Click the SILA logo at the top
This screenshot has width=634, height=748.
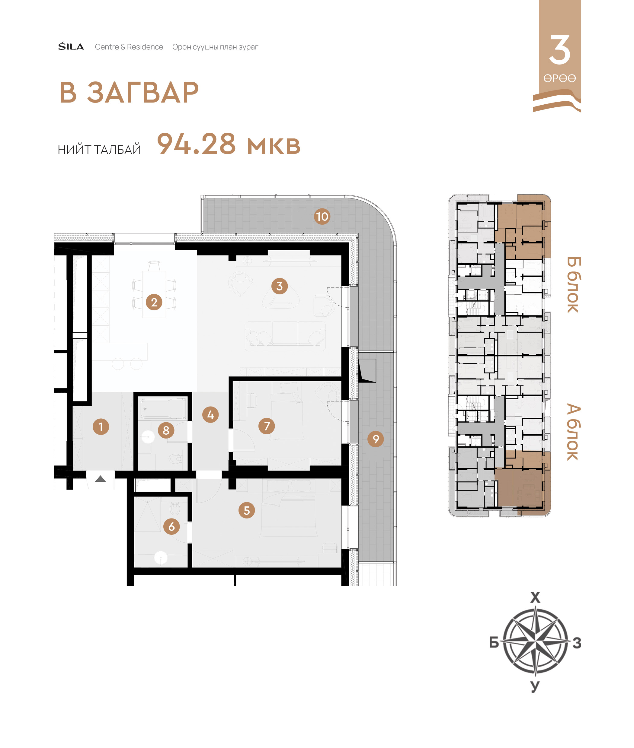[x=71, y=47]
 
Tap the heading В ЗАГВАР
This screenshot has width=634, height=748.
[x=129, y=93]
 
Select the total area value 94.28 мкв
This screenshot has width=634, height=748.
[x=229, y=144]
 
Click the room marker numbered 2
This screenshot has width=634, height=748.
[x=154, y=302]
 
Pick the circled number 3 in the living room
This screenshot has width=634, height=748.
[x=280, y=286]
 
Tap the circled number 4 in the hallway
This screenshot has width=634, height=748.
[x=211, y=415]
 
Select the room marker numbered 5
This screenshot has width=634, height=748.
[x=247, y=510]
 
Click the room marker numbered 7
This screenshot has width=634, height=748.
[x=267, y=426]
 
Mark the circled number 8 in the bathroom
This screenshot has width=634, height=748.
[x=166, y=430]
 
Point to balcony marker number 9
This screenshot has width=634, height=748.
[x=376, y=439]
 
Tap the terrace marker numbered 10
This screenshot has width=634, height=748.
[x=322, y=217]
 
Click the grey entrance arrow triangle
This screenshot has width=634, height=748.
[x=100, y=479]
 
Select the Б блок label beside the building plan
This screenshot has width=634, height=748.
[x=573, y=284]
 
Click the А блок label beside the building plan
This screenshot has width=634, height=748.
[x=573, y=432]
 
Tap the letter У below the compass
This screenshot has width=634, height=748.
[x=535, y=686]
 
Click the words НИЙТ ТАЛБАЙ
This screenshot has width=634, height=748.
[x=99, y=149]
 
